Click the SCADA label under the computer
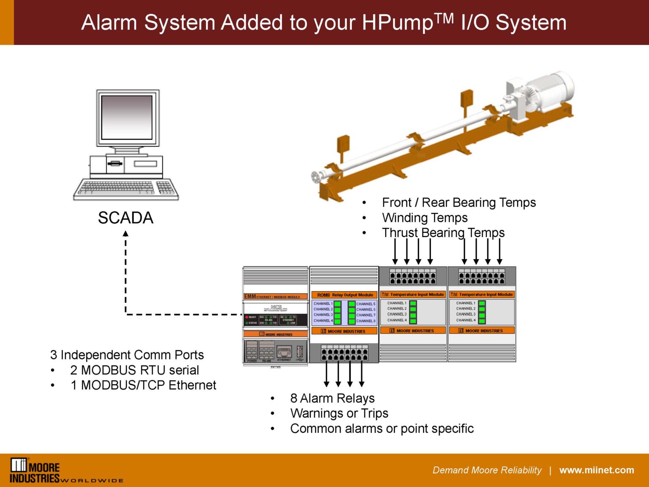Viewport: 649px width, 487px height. [125, 218]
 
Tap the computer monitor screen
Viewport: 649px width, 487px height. [127, 118]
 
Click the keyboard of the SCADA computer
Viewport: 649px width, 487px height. [126, 189]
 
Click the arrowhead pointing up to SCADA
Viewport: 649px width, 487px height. [125, 234]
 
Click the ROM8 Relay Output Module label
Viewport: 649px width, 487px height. [345, 295]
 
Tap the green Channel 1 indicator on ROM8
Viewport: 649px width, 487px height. [338, 304]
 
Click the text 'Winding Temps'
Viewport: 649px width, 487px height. [425, 218]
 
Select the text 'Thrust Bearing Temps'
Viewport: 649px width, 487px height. [443, 233]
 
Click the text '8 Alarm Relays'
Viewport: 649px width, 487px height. [332, 398]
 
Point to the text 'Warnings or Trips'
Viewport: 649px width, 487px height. [339, 413]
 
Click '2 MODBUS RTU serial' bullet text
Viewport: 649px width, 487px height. [134, 370]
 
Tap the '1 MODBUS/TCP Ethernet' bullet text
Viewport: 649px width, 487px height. [143, 386]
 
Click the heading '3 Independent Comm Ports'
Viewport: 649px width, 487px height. [127, 355]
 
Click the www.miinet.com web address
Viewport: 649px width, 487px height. [596, 470]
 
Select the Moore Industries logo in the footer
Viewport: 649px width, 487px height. [36, 470]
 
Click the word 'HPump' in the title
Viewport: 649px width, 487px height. [397, 23]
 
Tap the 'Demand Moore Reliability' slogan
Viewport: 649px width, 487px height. [487, 470]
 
